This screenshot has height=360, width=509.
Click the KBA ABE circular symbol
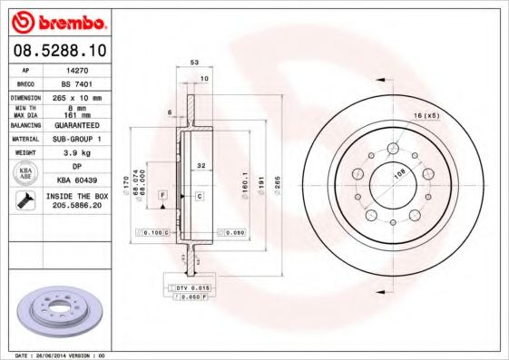click(x=26, y=173)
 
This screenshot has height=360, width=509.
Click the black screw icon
click(x=25, y=201)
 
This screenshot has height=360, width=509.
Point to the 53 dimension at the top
click(x=194, y=63)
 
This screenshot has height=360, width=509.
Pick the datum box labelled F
click(x=162, y=195)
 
